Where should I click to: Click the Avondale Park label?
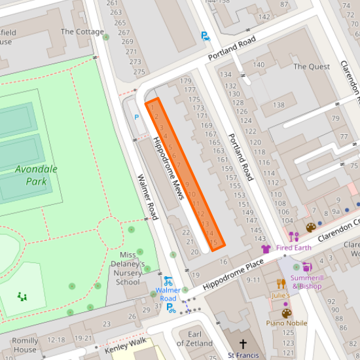point(37,175)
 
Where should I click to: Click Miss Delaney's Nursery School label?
point(128,268)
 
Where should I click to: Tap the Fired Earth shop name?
point(294,248)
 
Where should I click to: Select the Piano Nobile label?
point(287,323)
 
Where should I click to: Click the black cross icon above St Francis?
point(243,344)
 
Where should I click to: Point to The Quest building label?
point(312,67)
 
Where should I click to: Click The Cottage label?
point(82,31)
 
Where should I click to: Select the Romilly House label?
point(25,345)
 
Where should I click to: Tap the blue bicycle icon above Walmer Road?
point(168,280)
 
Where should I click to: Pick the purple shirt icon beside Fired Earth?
point(265,249)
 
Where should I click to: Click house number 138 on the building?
point(278,105)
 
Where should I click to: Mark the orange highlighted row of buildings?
point(185,174)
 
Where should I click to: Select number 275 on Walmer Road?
point(138,72)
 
